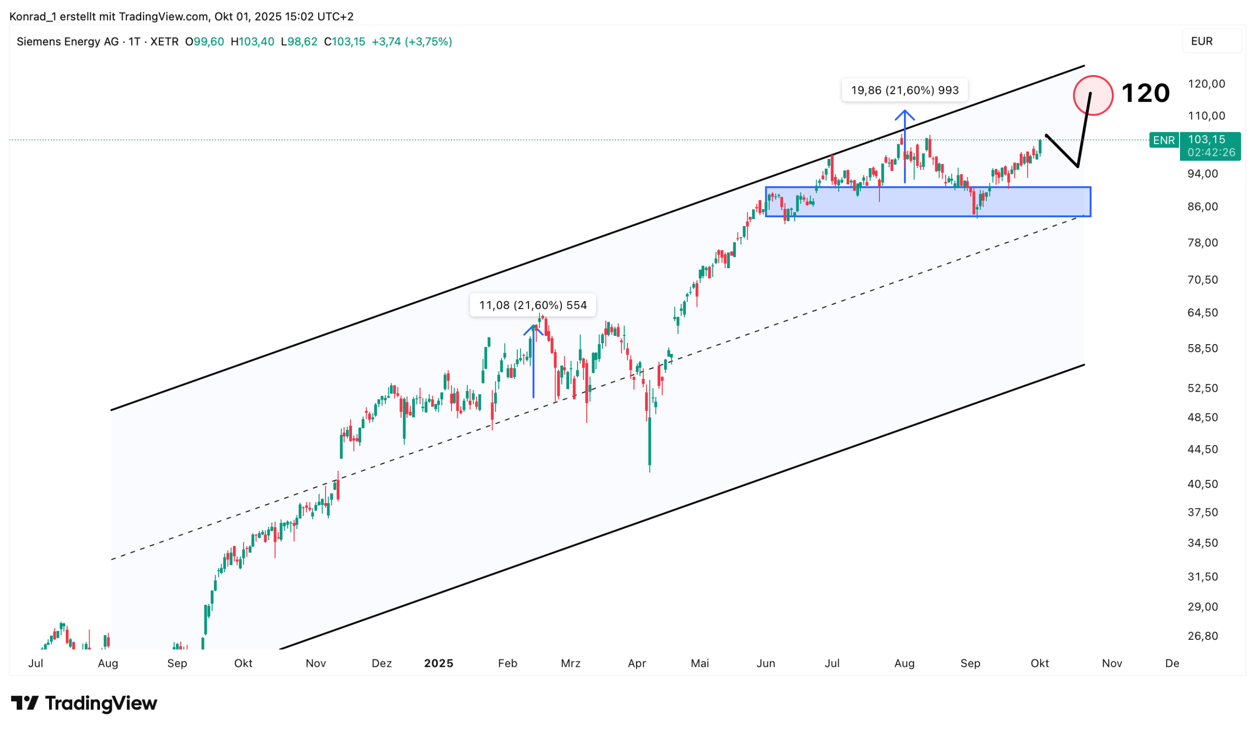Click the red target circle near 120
tap(1093, 96)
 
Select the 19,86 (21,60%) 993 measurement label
tap(904, 90)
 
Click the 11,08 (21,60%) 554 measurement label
tap(533, 305)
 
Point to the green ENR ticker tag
tap(1163, 140)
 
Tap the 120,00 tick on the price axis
tap(1206, 84)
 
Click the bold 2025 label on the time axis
tap(438, 663)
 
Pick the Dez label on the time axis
tap(381, 663)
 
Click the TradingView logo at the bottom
tap(84, 703)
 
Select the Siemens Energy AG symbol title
tap(68, 42)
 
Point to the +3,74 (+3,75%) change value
tap(411, 42)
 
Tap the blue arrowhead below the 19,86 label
tap(904, 115)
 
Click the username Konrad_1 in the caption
tap(32, 17)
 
